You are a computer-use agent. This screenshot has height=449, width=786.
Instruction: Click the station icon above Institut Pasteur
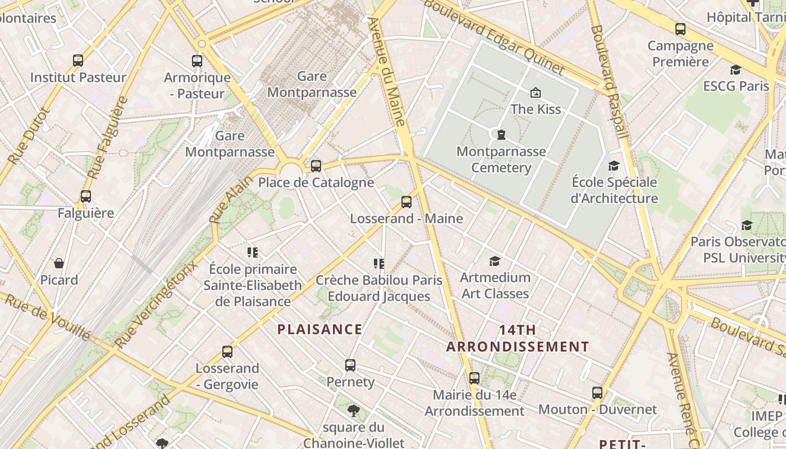pyautogui.click(x=78, y=60)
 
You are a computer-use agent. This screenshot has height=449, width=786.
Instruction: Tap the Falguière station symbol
pyautogui.click(x=85, y=196)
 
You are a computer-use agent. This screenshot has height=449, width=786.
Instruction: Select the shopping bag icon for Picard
pyautogui.click(x=59, y=263)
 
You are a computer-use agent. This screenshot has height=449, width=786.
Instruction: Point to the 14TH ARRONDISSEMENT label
pyautogui.click(x=518, y=338)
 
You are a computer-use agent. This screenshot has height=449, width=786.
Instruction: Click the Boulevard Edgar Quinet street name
pyautogui.click(x=493, y=36)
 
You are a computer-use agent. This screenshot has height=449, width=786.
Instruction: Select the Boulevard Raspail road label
pyautogui.click(x=609, y=81)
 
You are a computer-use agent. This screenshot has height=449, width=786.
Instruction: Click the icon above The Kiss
pyautogui.click(x=536, y=93)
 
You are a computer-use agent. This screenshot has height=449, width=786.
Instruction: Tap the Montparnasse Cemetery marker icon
pyautogui.click(x=501, y=135)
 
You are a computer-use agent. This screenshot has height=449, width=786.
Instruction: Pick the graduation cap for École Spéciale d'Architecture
pyautogui.click(x=614, y=166)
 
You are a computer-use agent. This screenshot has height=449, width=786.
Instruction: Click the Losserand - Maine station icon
pyautogui.click(x=406, y=202)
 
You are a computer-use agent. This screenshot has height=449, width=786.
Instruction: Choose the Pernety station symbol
pyautogui.click(x=350, y=365)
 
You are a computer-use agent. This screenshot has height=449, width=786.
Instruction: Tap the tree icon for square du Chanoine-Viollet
pyautogui.click(x=353, y=411)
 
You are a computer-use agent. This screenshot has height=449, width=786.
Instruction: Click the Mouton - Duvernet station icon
pyautogui.click(x=597, y=393)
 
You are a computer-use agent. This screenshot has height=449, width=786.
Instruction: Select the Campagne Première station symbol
pyautogui.click(x=680, y=29)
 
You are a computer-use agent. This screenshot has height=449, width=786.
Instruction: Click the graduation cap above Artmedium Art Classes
pyautogui.click(x=495, y=261)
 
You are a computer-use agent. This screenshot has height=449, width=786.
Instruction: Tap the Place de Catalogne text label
pyautogui.click(x=316, y=182)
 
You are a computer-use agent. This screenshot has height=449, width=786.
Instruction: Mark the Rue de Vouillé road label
pyautogui.click(x=47, y=317)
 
